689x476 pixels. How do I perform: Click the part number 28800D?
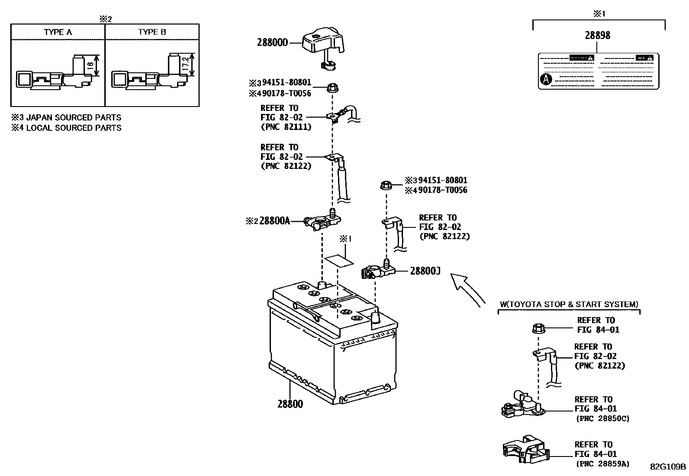coord(272,42)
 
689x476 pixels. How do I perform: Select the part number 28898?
coord(597,36)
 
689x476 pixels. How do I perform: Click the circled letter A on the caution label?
coord(547,79)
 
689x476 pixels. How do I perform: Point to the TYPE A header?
coord(58,32)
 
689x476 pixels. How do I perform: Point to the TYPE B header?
coord(152,32)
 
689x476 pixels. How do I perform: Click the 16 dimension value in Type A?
coord(90,65)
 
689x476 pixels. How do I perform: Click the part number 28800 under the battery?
coord(290,404)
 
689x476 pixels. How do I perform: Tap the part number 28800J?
coord(425,271)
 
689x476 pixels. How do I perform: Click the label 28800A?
coord(274,221)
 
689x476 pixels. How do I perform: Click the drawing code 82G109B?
coord(667,466)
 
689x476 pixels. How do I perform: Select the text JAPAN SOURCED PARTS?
coord(74,117)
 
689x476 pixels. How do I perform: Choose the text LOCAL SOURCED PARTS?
coord(74,128)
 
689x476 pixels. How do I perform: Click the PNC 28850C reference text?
coord(602,418)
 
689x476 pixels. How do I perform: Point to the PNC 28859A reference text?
coord(602,464)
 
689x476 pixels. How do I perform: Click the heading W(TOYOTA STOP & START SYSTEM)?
coord(569,304)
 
